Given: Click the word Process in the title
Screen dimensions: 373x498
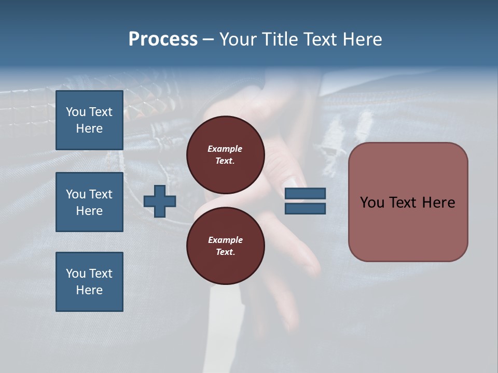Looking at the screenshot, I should [163, 39].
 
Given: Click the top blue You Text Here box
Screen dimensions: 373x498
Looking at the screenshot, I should [89, 120].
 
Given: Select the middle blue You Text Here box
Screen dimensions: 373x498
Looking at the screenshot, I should [89, 202].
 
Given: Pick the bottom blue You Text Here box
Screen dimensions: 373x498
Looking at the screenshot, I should [89, 282].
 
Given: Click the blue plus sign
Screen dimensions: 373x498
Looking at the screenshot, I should [160, 201].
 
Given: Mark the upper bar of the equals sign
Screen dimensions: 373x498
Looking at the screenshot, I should [305, 194].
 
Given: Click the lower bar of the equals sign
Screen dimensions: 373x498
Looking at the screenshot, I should [305, 209].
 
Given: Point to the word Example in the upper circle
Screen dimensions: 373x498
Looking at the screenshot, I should [225, 149].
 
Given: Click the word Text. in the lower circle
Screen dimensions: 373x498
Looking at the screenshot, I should [225, 252].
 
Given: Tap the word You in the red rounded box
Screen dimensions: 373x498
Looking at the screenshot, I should [372, 203].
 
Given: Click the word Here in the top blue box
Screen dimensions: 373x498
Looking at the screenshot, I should [89, 128].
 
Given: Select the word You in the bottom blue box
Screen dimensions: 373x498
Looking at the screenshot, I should [76, 274].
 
